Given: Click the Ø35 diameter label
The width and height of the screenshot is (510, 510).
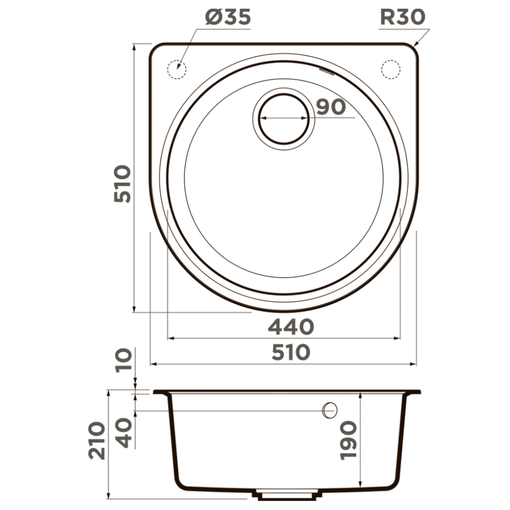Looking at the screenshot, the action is (x=228, y=17).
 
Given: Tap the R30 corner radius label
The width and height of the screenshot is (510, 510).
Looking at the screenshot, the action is (x=403, y=17).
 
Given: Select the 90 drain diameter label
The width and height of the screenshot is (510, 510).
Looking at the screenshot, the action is (x=331, y=107).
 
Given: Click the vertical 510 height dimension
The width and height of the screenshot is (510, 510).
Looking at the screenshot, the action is (x=123, y=184).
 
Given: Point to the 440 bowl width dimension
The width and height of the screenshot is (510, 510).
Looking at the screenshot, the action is (x=291, y=327).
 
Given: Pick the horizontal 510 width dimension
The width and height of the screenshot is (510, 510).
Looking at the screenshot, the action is (x=291, y=353).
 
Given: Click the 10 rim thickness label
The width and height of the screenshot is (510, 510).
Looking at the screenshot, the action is (x=124, y=359).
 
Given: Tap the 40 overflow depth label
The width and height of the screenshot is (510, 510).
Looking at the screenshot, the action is (x=124, y=433).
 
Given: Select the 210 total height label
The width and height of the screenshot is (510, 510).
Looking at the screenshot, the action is (x=97, y=441).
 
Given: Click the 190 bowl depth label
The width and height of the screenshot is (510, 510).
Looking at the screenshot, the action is (x=348, y=441).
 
